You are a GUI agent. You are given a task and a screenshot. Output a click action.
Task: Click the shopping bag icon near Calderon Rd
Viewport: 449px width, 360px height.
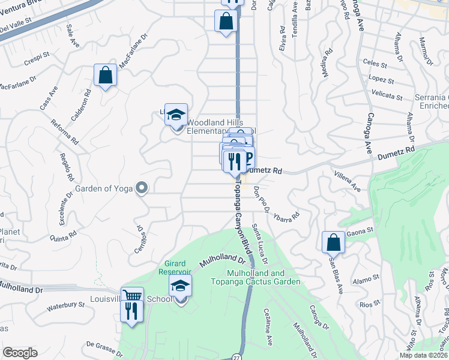(105, 76)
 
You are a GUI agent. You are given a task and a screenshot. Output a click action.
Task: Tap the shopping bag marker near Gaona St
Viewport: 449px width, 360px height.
(333, 242)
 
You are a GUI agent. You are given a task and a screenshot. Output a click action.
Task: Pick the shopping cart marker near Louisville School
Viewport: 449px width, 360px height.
(132, 296)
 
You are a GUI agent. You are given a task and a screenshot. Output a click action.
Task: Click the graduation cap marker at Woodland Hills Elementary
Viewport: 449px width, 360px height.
(176, 114)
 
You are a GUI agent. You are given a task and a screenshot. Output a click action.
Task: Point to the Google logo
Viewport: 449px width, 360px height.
(20, 353)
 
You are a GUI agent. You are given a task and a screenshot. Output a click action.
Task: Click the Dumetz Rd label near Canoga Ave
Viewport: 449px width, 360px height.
(396, 153)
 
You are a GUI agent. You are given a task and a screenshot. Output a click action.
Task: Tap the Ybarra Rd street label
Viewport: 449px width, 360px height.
(286, 211)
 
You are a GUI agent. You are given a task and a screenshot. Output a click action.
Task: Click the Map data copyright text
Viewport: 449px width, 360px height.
(424, 355)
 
